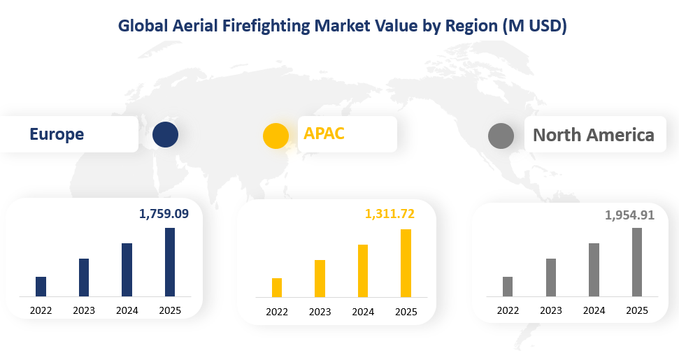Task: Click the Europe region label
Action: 57,134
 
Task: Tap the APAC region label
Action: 324,134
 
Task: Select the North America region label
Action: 594,135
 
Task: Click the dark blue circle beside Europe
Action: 165,134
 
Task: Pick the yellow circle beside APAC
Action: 276,136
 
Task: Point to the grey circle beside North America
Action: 501,136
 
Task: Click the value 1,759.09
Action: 164,214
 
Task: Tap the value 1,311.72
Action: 389,214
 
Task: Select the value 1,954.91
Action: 629,215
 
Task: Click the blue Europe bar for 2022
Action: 41,287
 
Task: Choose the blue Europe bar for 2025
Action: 170,262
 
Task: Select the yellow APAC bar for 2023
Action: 320,279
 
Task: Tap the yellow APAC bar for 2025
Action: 406,264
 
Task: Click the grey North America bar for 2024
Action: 594,270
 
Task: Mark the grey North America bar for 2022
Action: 508,287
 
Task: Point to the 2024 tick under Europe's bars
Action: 127,310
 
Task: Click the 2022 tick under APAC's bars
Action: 277,312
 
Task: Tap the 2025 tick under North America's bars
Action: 636,310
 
